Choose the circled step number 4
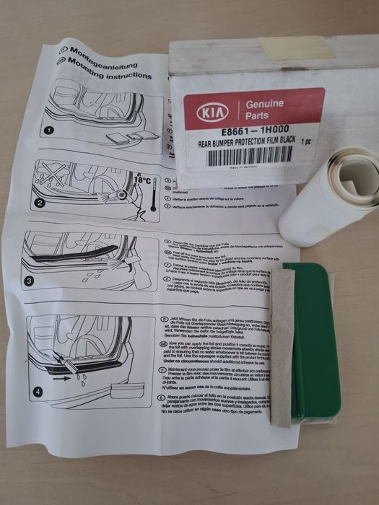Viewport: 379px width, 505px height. (38, 392)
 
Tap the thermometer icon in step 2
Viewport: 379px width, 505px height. (153, 198)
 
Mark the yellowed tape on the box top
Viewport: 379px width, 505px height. (310, 51)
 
